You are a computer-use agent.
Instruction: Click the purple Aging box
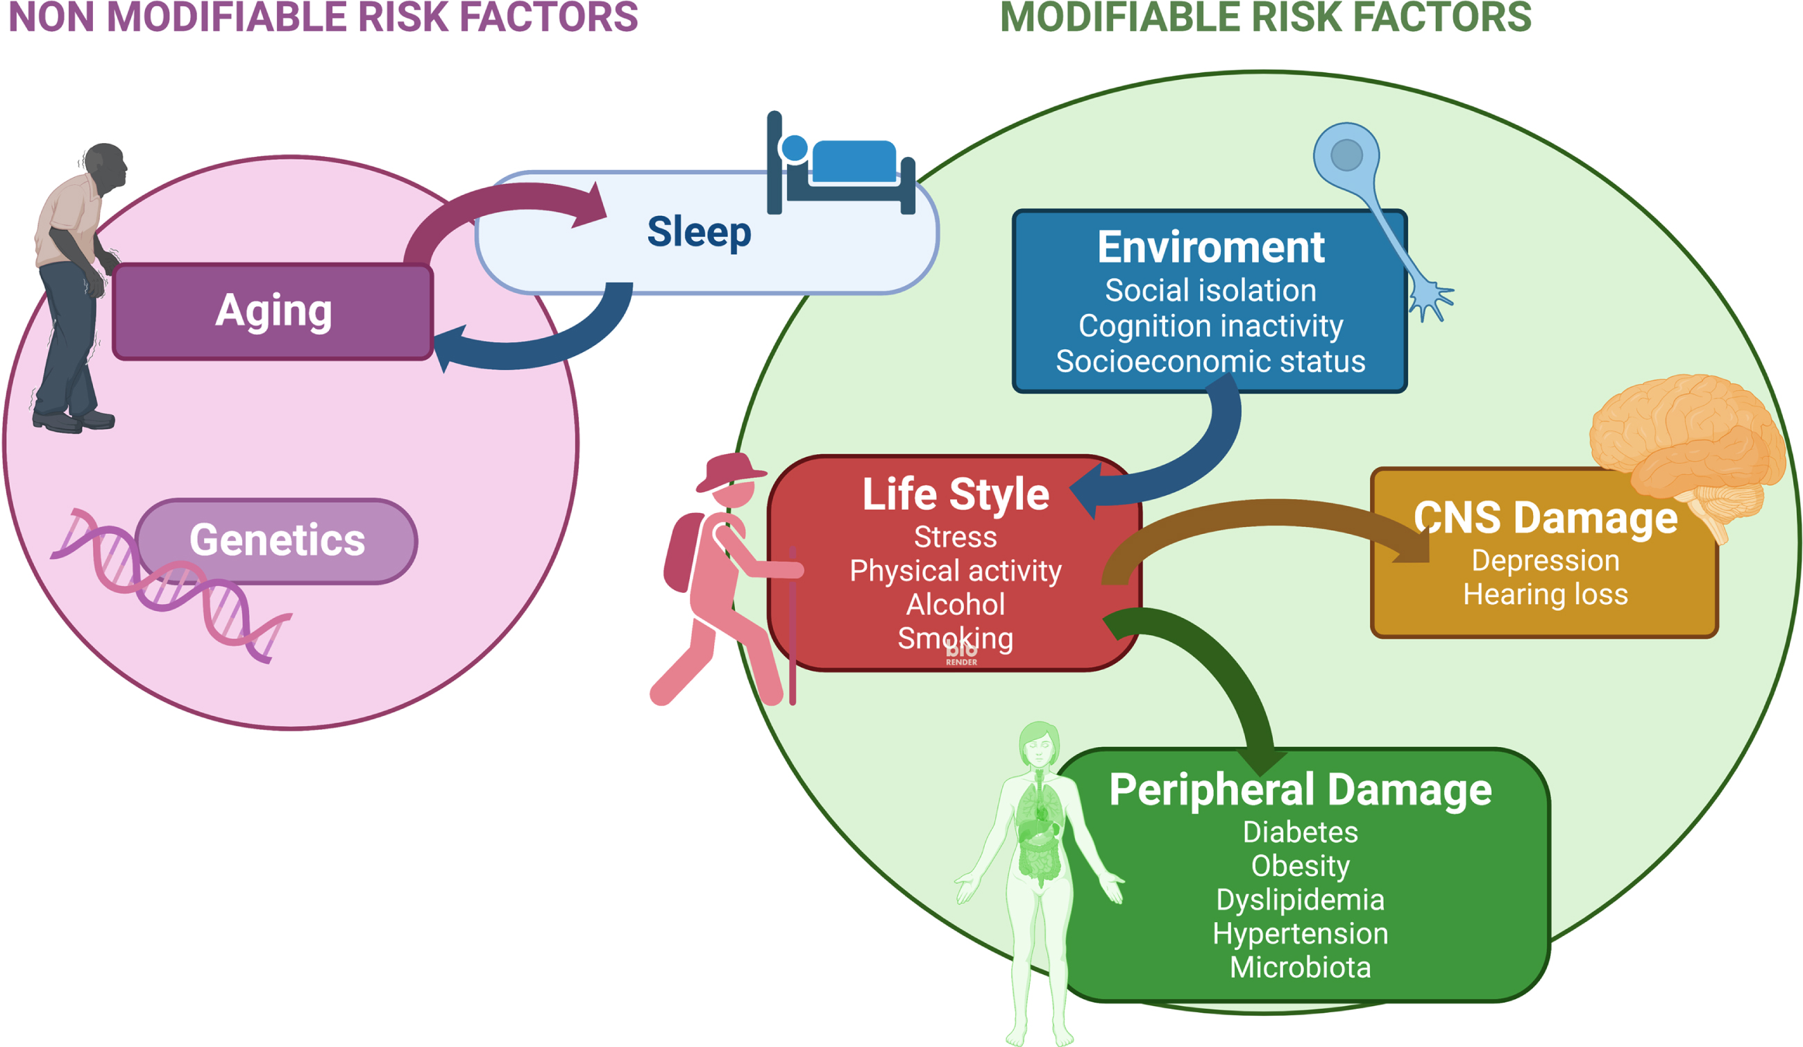coord(273,311)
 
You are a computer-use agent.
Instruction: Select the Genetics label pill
coord(277,541)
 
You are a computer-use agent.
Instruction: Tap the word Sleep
coord(699,232)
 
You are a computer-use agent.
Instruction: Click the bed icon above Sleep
coord(840,163)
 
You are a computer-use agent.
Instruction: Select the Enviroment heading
coord(1210,247)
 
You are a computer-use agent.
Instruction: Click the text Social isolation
coord(1210,290)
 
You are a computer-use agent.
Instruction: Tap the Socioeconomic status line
coord(1210,362)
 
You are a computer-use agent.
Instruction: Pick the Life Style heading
coord(956,494)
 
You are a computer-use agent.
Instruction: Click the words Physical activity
coord(956,571)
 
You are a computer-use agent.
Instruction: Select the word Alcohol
coord(956,605)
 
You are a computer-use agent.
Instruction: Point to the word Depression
coord(1546,561)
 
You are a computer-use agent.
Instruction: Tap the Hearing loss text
coord(1546,595)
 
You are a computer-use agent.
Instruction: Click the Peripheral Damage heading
coord(1300,789)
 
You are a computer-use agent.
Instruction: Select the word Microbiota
coord(1300,968)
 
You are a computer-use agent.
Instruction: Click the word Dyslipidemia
coord(1300,901)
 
